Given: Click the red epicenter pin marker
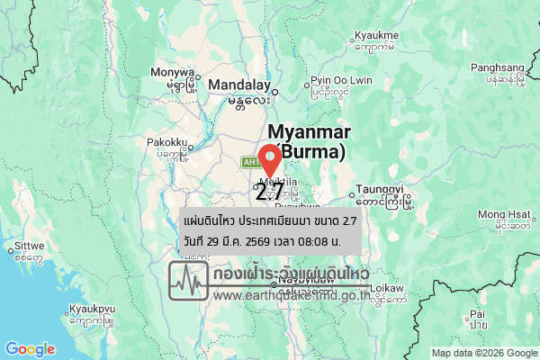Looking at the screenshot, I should coord(269,158).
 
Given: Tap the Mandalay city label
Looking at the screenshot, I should coord(238,85).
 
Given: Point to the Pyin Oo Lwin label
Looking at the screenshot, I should coord(341,80).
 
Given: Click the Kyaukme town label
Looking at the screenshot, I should coord(376,35).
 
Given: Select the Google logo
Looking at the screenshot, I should coord(30,349).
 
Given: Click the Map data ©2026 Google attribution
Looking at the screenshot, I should coord(484,353).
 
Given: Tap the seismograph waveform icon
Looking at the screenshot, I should coord(188,281).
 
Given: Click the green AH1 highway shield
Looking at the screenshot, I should coord(249,162).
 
